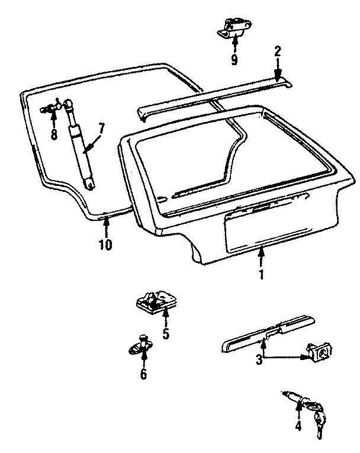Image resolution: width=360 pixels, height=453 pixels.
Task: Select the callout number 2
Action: (277, 51)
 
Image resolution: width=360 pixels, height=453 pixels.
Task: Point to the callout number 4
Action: (298, 425)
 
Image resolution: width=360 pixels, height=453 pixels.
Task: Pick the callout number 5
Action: (165, 334)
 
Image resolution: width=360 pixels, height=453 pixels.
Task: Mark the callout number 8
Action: (54, 134)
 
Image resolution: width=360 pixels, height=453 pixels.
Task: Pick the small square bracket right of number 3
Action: (319, 355)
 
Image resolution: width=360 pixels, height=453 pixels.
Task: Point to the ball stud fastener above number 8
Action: (52, 108)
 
